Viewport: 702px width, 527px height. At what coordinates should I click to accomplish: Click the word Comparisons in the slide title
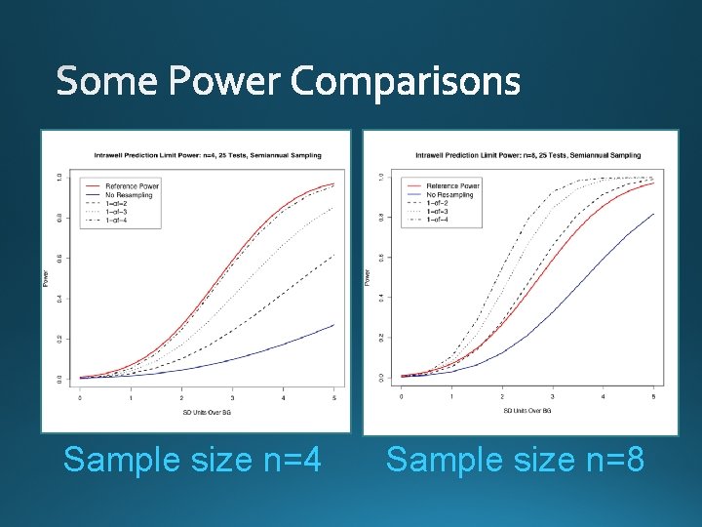[406, 82]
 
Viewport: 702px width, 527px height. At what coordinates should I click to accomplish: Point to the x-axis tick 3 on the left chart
[232, 397]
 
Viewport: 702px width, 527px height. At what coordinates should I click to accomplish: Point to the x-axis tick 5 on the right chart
[654, 397]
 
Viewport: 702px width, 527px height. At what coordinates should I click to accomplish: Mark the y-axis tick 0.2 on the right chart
[380, 338]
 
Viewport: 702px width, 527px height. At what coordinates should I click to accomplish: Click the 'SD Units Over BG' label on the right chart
[527, 410]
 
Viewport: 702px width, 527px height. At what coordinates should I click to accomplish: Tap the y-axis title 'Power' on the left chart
[46, 278]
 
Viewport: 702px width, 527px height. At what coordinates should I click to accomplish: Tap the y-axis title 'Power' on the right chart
[368, 278]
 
